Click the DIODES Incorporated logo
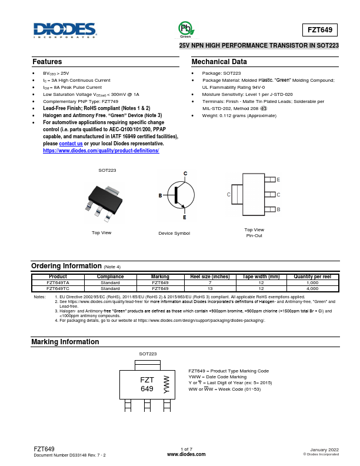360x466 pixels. [x=64, y=31]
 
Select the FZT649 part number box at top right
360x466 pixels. [x=322, y=29]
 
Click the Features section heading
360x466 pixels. [x=47, y=62]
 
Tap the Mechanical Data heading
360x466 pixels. [x=219, y=62]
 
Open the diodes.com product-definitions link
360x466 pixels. [x=101, y=151]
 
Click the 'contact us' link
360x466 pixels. [x=71, y=144]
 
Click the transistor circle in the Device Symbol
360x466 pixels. [x=180, y=195]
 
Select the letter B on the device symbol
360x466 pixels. [x=160, y=195]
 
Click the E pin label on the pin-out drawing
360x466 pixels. [x=278, y=179]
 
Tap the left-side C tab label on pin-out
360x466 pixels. [x=228, y=194]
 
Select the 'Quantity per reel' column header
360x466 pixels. [x=312, y=277]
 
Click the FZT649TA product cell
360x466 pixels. [x=58, y=282]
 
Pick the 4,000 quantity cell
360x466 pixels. [x=312, y=289]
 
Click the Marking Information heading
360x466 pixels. [x=65, y=342]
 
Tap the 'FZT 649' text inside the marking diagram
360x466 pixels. [x=146, y=384]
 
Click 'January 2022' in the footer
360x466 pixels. [x=324, y=449]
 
